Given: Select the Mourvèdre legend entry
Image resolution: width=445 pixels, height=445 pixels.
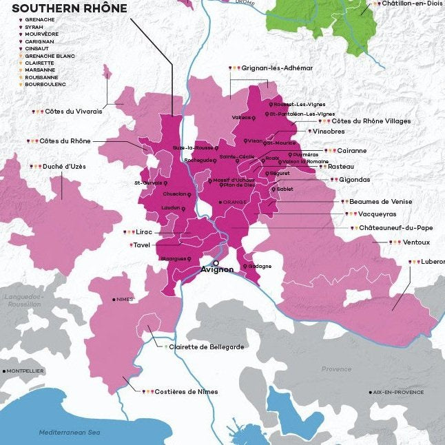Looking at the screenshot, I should (x=41, y=34).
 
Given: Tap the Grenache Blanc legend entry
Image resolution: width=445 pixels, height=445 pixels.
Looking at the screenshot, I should (x=50, y=55).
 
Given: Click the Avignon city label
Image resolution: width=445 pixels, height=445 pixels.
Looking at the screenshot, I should (x=216, y=270).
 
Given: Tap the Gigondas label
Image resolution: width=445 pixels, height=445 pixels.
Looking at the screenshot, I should (x=354, y=180).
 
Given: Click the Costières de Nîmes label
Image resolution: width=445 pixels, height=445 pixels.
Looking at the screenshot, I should (x=186, y=392).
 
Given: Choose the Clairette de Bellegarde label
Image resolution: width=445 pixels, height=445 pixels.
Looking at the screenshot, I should (x=207, y=347).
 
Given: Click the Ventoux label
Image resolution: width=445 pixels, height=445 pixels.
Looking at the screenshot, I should (x=416, y=242).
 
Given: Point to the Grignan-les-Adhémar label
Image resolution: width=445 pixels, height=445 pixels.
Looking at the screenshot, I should (x=276, y=68).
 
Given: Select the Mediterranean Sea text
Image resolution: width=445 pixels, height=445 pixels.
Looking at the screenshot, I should (x=70, y=432).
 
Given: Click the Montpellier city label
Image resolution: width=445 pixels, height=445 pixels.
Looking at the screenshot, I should (x=26, y=371).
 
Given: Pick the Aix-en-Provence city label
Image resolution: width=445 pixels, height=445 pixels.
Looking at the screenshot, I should (x=399, y=392).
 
